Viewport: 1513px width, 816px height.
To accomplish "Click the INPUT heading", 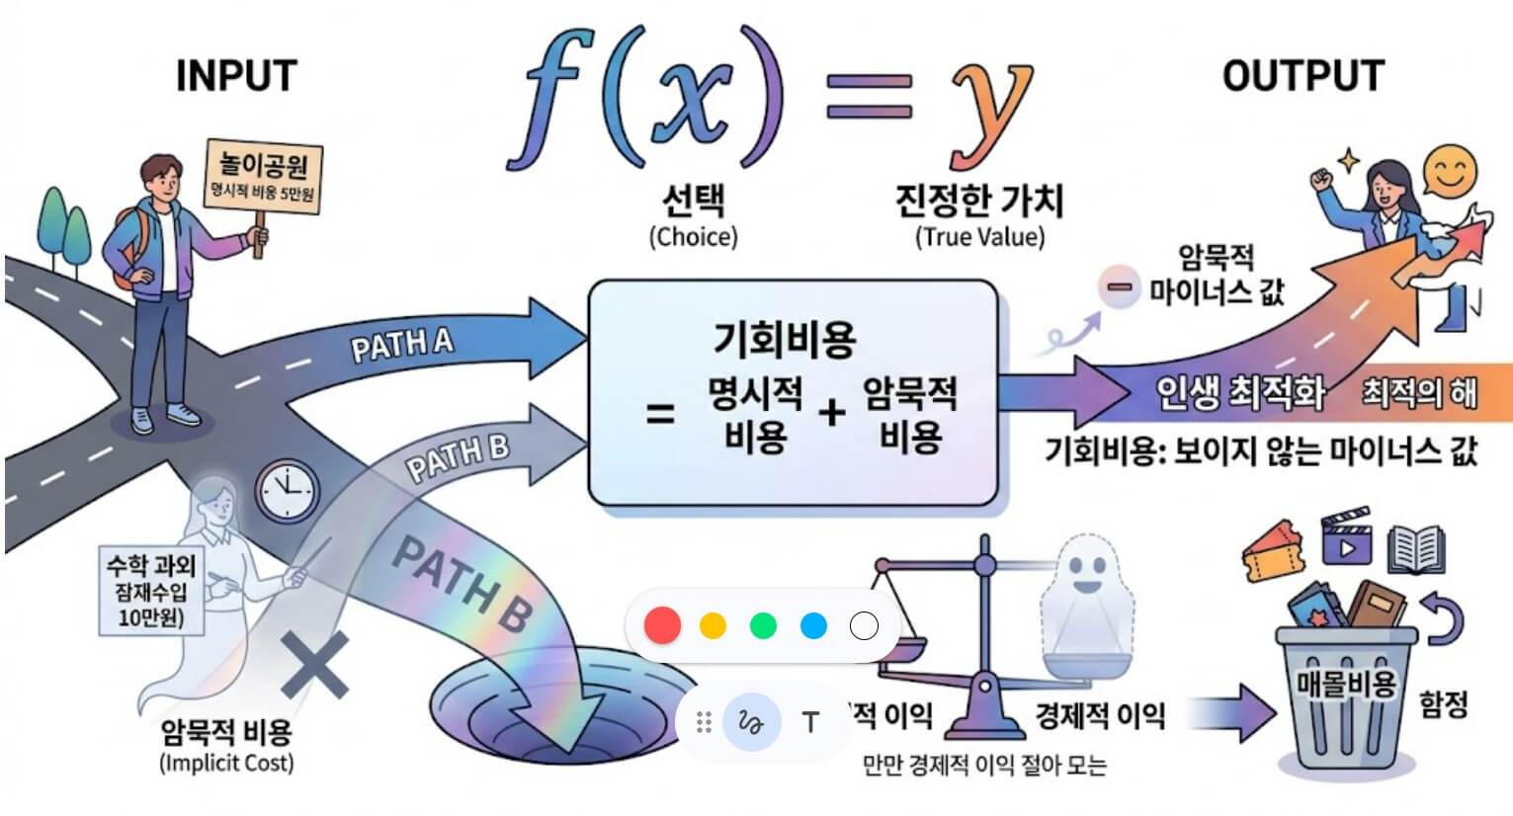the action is coord(236,76).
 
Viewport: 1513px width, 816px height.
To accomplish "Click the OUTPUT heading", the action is coord(1303,76).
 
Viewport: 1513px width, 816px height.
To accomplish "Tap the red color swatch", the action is coord(662,625).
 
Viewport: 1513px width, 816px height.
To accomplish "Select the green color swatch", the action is coord(764,625).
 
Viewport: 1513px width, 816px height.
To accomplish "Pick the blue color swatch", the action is coord(814,625).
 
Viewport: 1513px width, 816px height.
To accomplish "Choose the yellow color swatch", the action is coord(713,625).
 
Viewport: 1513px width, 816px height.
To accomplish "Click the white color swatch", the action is coord(864,625).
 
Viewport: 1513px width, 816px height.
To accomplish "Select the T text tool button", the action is coord(810,722).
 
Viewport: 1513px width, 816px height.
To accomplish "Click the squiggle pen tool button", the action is coord(752,722).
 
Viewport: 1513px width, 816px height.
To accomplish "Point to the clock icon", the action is coord(288,490).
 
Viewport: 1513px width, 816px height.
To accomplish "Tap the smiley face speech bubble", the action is coord(1449,173).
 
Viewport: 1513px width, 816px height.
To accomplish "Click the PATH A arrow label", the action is coord(402,346).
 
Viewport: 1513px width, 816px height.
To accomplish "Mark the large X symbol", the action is coord(315,665).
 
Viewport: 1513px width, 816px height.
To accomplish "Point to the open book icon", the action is coord(1415,548).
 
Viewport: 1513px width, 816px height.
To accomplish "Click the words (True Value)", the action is coord(979,237).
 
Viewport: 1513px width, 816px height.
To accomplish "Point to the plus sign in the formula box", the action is coord(832,412).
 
